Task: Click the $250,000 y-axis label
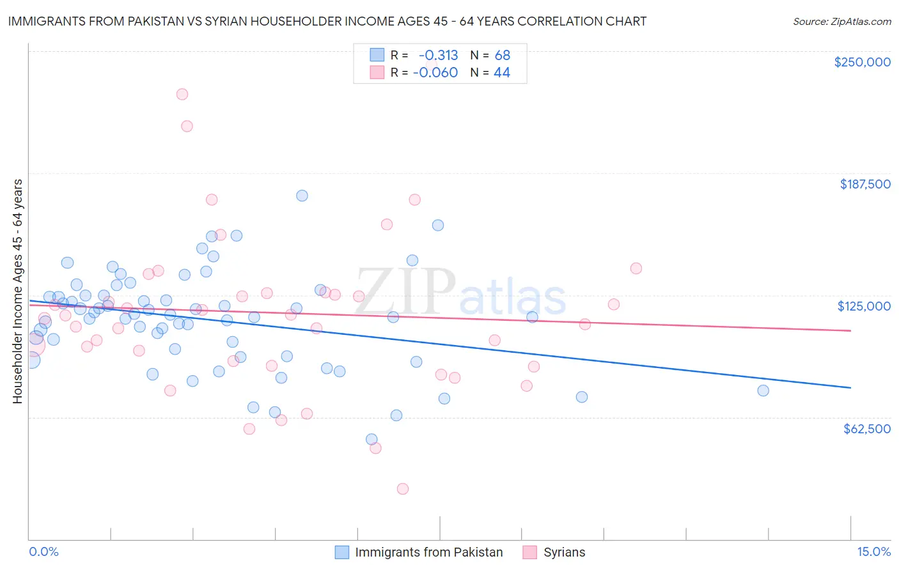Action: click(x=862, y=62)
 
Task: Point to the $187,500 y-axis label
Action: click(x=864, y=184)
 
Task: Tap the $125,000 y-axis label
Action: click(x=864, y=306)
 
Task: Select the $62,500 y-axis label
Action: click(x=866, y=429)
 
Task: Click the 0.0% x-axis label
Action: click(x=43, y=552)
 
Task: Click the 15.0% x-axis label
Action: click(x=873, y=552)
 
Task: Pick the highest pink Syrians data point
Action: click(x=182, y=94)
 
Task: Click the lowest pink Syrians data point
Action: click(x=403, y=489)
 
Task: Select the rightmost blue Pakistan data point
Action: click(x=763, y=390)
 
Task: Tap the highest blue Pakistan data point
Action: click(x=302, y=196)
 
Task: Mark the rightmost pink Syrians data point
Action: click(x=636, y=268)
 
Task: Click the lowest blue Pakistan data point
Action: click(x=371, y=439)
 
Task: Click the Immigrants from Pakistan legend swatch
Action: click(x=342, y=552)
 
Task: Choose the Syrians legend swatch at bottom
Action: click(x=529, y=552)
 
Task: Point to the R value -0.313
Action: click(x=438, y=55)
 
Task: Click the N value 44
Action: click(x=502, y=73)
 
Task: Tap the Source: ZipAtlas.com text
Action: click(x=841, y=22)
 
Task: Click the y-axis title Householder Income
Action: click(x=17, y=291)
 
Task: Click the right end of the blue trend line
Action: click(x=850, y=388)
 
